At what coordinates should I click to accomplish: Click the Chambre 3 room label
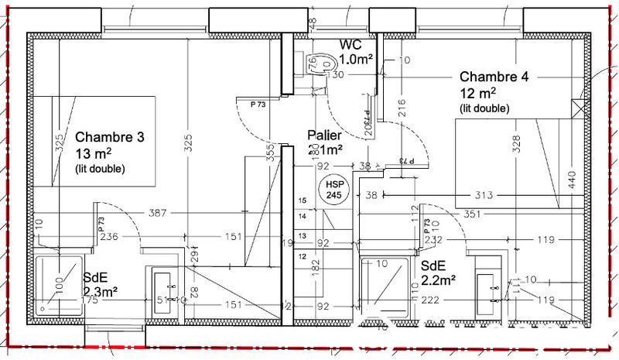[109, 138]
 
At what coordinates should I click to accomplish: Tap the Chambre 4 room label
[494, 77]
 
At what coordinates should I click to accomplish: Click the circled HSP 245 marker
[334, 190]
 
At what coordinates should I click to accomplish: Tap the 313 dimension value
[484, 195]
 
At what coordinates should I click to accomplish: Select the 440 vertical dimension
[572, 180]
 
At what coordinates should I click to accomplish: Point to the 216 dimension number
[402, 108]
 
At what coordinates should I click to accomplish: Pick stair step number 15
[303, 201]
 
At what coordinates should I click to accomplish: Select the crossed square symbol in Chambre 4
[577, 109]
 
